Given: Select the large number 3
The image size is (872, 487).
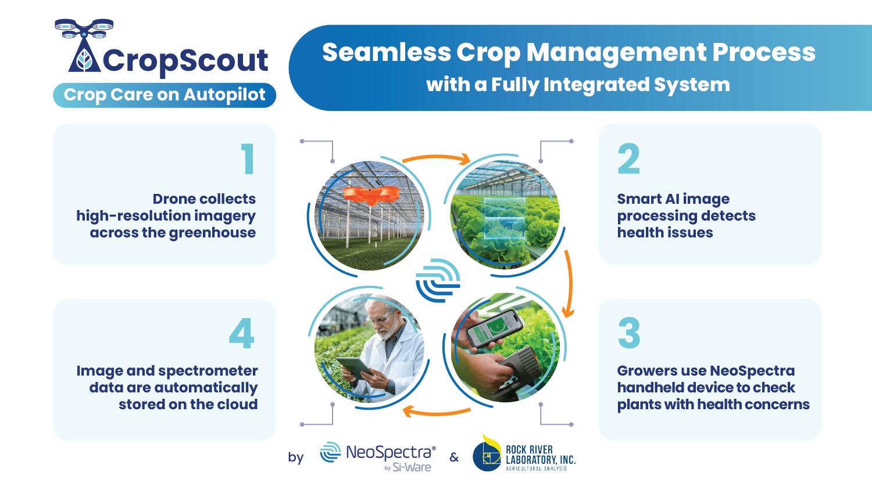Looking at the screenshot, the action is (x=629, y=333).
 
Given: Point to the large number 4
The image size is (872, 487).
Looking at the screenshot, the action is (x=242, y=333).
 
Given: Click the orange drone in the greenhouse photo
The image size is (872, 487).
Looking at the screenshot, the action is (x=371, y=194).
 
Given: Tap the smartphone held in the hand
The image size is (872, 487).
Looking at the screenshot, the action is (x=494, y=329).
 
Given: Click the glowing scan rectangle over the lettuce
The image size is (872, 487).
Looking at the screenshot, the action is (x=504, y=218).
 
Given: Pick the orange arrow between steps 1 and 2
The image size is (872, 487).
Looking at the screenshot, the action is (x=436, y=157).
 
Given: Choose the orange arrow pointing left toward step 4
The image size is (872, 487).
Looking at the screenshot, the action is (x=436, y=412).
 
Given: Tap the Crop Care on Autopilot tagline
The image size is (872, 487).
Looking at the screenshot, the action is (x=165, y=95).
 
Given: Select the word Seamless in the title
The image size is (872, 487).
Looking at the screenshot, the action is (x=386, y=52).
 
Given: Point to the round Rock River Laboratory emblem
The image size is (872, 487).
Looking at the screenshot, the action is (x=487, y=456).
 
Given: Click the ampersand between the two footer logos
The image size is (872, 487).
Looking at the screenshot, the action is (x=454, y=457).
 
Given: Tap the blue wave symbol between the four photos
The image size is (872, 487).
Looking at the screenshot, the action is (x=438, y=280).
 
